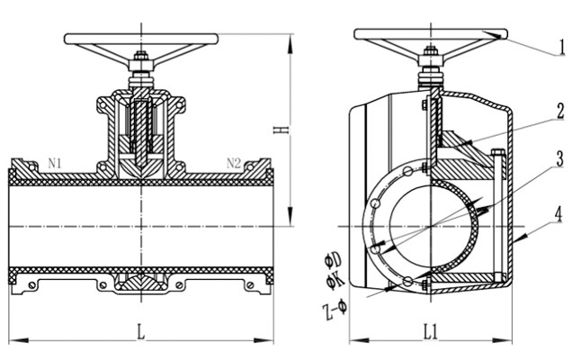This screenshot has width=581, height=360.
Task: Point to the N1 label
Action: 55,163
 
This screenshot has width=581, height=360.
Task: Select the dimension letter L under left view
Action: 140,331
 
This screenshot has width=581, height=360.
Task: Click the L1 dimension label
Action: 430,331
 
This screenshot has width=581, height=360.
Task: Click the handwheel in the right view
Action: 430,34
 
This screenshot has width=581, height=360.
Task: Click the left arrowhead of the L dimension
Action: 11,340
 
